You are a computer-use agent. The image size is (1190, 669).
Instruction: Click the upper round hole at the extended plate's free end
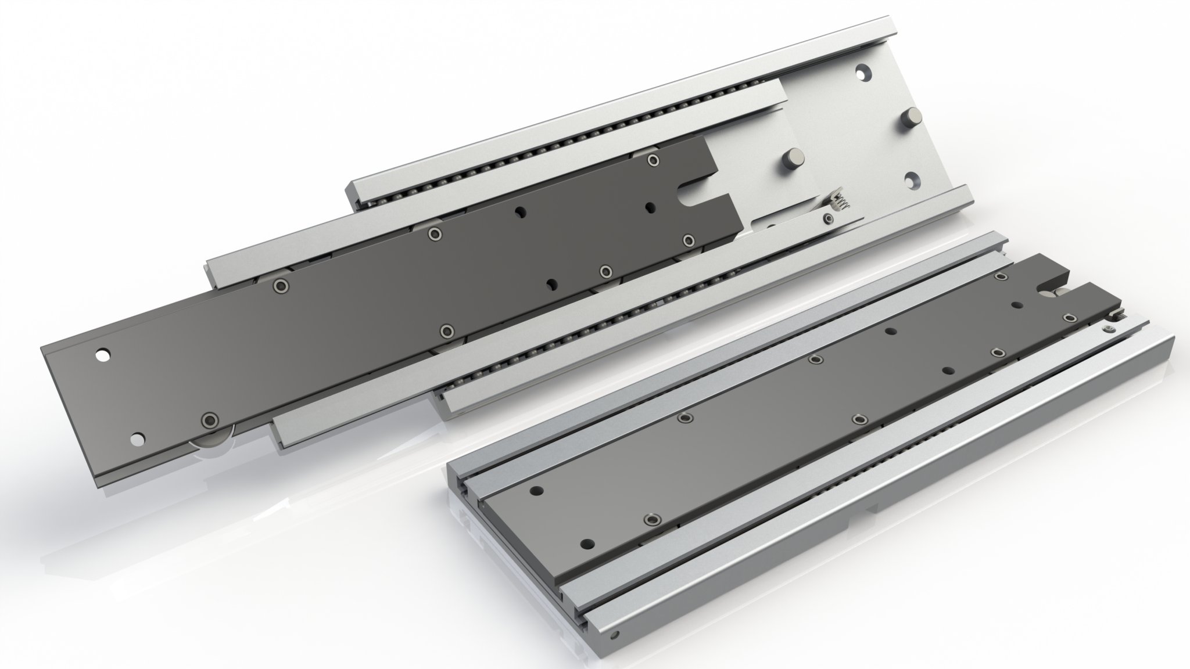pyautogui.click(x=103, y=354)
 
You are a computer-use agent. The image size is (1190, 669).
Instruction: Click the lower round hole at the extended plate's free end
pyautogui.click(x=137, y=440)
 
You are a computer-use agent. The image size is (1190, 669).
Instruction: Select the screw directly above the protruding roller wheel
pyautogui.click(x=209, y=420)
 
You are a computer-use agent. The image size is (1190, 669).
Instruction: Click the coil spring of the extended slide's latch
pyautogui.click(x=839, y=203)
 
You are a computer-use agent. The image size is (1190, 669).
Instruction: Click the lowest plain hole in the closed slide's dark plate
pyautogui.click(x=588, y=544)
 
